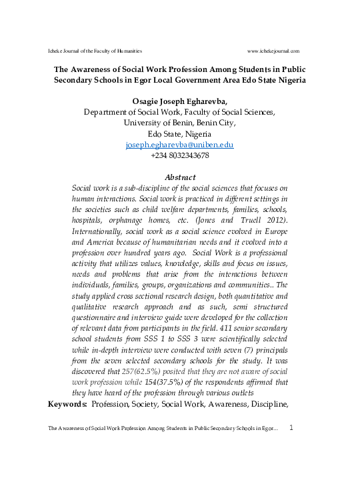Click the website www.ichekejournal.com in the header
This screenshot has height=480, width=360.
273,51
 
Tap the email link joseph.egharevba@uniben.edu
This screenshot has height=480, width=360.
179,145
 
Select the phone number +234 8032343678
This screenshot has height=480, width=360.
180,155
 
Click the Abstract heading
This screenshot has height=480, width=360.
180,177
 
